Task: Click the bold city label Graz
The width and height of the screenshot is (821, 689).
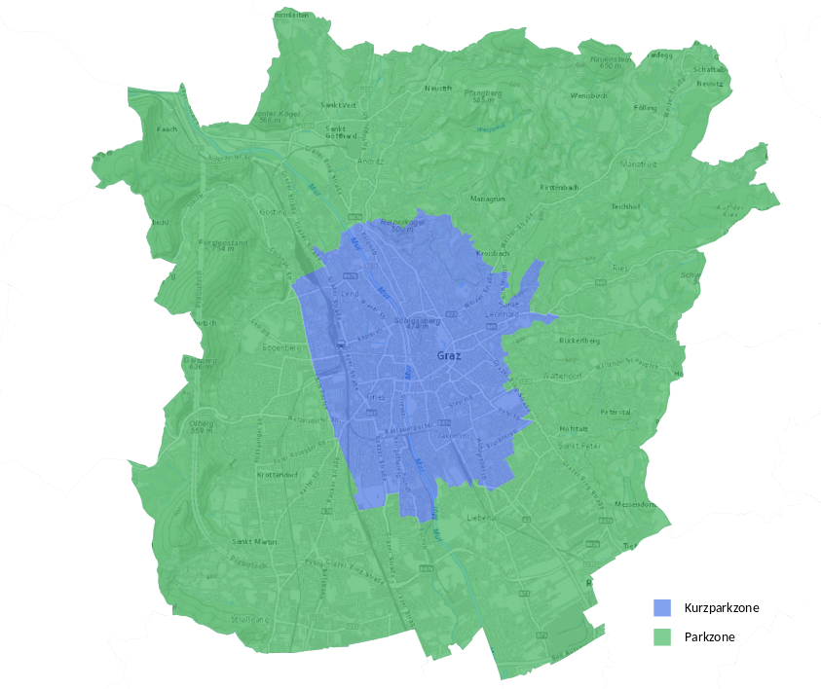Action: (449, 356)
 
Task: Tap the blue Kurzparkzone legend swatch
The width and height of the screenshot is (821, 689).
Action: (662, 607)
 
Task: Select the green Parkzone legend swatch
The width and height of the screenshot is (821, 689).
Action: (662, 637)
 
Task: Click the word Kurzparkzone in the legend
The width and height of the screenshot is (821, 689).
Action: (722, 607)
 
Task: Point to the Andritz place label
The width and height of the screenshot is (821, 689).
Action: (371, 161)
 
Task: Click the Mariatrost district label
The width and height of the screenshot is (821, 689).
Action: (638, 164)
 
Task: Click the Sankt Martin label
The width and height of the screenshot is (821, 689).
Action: (254, 541)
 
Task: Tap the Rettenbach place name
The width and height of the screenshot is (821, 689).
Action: (561, 186)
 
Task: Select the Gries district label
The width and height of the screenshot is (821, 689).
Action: (376, 398)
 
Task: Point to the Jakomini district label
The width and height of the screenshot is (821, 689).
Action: (453, 436)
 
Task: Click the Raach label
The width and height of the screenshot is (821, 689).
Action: (166, 128)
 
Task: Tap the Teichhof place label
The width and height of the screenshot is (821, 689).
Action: (624, 206)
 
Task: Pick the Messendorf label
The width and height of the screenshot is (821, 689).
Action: (639, 504)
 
